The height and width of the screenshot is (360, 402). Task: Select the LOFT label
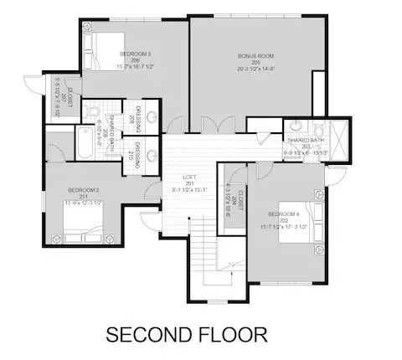click(190, 177)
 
